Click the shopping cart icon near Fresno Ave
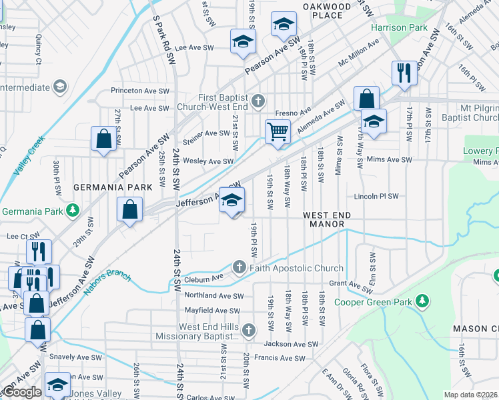coord(277,131)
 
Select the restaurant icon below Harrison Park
coord(404,73)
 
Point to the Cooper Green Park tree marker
coord(422,301)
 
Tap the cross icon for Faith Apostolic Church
coord(239,267)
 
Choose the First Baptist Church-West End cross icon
coord(259,101)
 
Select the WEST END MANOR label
coord(324,219)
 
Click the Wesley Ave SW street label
coord(208,161)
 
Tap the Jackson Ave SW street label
coord(291,344)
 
